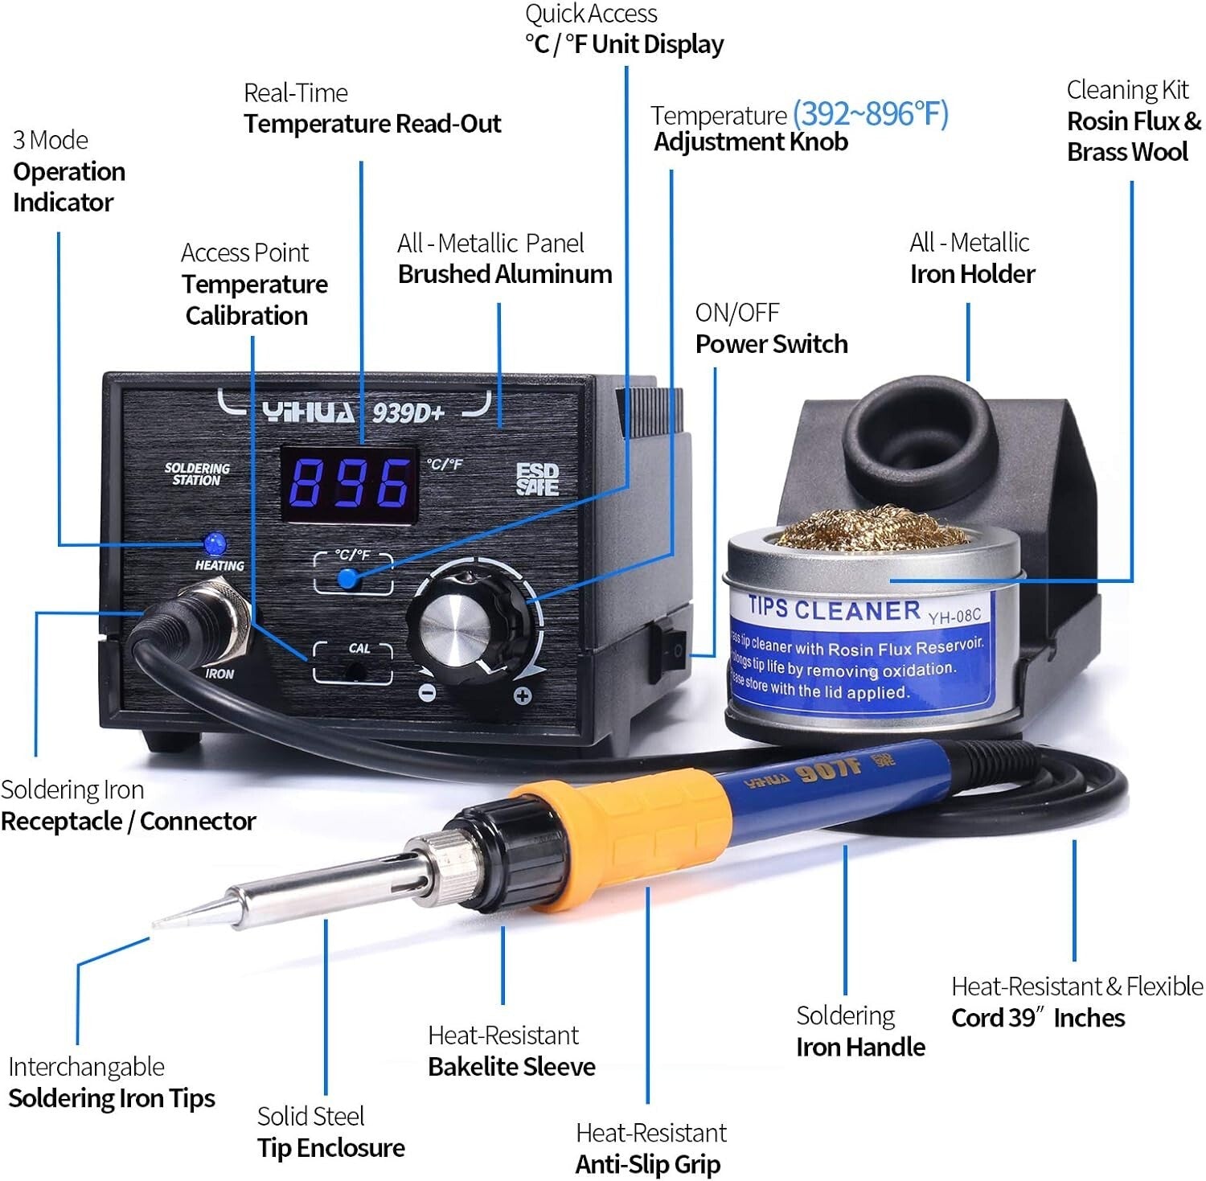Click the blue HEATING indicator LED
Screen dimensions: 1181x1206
[x=214, y=543]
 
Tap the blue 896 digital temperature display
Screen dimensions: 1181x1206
[x=349, y=484]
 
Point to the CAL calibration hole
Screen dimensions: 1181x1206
[x=352, y=669]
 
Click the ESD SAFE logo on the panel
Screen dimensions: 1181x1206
[x=537, y=479]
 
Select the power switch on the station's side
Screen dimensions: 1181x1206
[x=674, y=648]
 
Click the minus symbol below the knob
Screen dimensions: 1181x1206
[x=428, y=692]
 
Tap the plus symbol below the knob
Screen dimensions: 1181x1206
[x=522, y=696]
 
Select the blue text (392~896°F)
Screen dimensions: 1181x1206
[x=871, y=113]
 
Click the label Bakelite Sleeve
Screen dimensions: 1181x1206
[x=511, y=1066]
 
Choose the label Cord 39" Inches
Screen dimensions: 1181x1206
[x=1037, y=1018]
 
